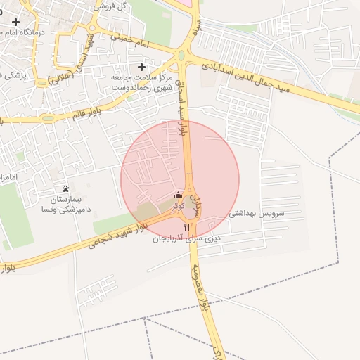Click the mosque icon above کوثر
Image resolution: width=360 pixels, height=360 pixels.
[177, 195]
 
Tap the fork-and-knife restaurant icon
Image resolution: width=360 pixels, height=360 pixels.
[186, 227]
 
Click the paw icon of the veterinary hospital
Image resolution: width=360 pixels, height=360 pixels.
[66, 188]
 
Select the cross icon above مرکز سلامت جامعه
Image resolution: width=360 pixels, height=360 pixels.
[142, 66]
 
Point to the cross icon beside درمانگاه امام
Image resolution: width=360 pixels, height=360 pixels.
[15, 22]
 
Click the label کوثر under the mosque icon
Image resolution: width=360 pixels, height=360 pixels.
[178, 206]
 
